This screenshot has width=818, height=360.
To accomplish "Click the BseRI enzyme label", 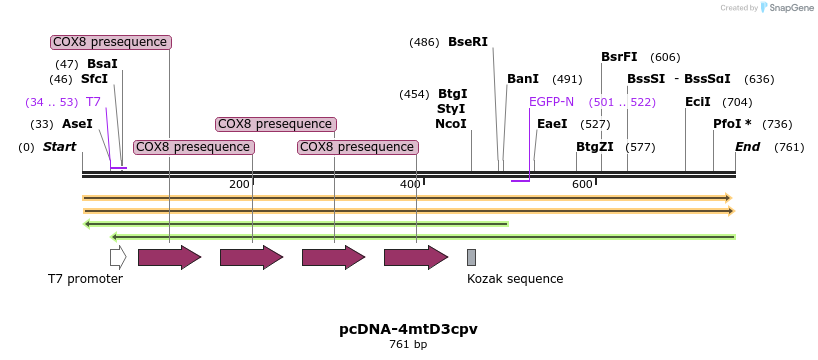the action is coord(468,42).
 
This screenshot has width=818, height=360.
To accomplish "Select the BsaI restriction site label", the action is coord(102,64).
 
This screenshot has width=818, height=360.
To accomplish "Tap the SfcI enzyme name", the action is coord(94,79).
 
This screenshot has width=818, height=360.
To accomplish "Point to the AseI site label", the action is coord(77,124).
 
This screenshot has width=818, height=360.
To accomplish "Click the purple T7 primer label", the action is coord(93,102).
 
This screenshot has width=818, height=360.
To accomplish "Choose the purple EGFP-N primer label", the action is coord(551,102).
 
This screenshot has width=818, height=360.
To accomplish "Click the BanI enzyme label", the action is coord(523,79).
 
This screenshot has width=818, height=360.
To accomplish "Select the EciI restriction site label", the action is coord(697,102).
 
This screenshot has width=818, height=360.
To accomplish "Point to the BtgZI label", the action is coord(595,147).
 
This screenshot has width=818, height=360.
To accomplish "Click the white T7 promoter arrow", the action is coord(118,258).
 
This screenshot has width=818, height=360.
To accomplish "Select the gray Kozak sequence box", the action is coord(471,258).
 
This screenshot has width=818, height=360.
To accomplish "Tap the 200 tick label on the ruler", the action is coord(239,184).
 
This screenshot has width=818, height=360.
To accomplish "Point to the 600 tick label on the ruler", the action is coord(582,184).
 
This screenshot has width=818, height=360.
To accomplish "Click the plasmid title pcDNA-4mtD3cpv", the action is coord(409,330).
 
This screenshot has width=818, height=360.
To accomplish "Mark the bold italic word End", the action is coord(747,147).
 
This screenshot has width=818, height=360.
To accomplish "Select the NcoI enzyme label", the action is coord(451,124).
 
